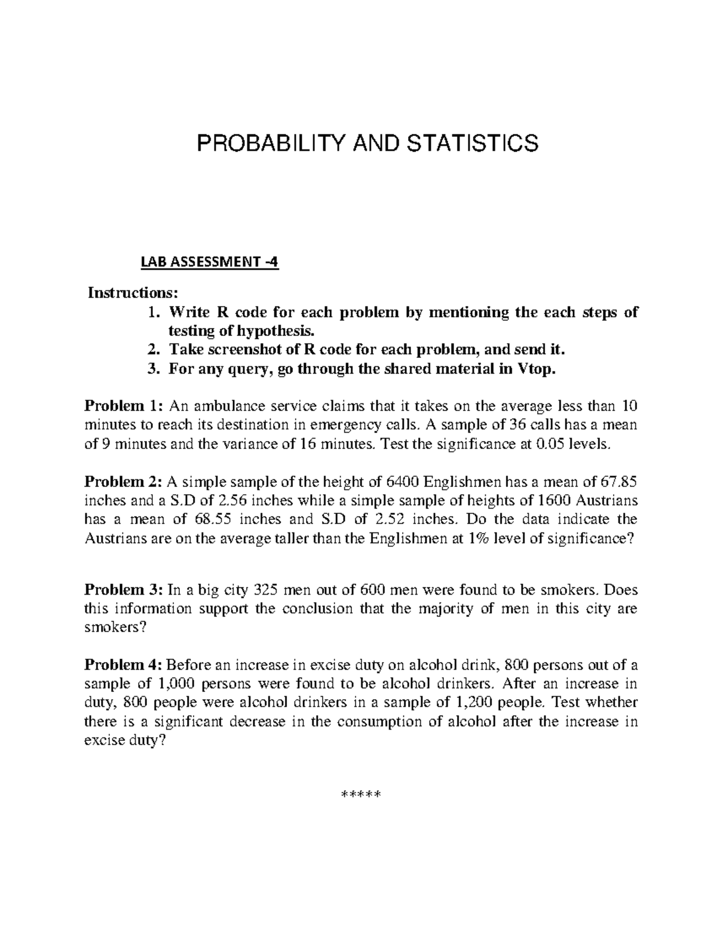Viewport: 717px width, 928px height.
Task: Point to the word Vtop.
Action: (536, 369)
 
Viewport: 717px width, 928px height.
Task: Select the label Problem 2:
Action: (123, 482)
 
